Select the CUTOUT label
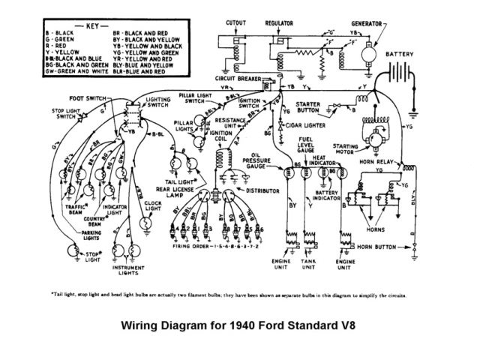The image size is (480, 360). pyautogui.click(x=238, y=24)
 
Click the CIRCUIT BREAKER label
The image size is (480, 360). pyautogui.click(x=238, y=77)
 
